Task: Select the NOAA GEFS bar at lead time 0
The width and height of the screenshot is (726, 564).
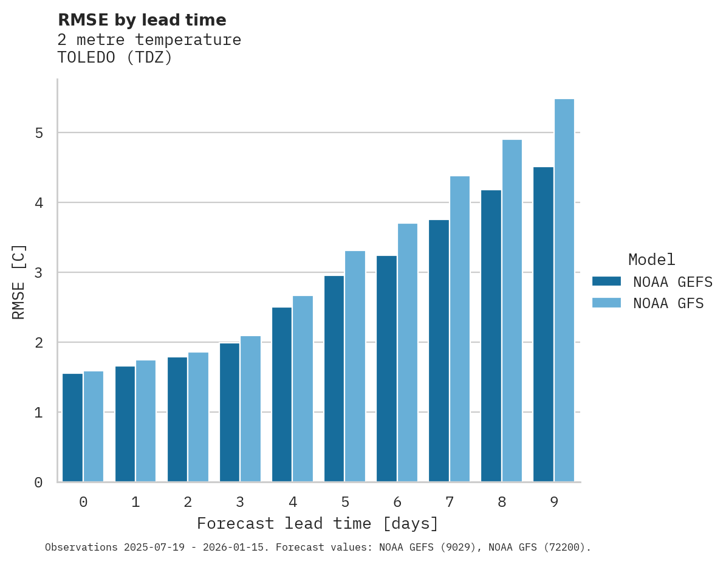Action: pos(72,428)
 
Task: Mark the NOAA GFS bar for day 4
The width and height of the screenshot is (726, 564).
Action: pos(303,389)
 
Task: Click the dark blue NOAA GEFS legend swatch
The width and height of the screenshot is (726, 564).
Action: pos(606,281)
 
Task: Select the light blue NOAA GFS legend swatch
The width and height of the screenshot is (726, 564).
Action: pos(606,303)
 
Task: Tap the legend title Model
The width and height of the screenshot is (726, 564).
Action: pos(651,260)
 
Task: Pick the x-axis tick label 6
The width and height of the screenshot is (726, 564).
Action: pos(397,502)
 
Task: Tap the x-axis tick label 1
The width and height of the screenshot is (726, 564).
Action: pos(135,502)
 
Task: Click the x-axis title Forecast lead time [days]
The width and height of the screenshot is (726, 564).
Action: pos(317,523)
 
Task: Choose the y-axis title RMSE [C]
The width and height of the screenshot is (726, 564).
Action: pos(19,281)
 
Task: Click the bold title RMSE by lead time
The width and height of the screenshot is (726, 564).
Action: pos(142,20)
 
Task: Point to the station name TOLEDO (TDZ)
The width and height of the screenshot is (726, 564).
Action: pos(115,58)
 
